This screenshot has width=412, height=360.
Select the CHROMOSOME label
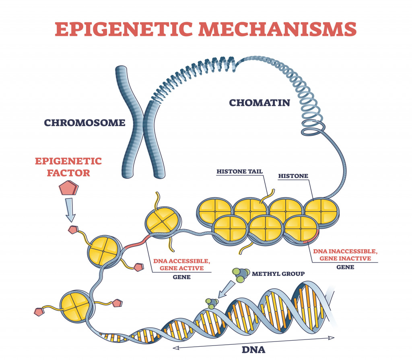tap(84, 122)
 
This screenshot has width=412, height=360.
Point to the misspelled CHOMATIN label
tap(260, 103)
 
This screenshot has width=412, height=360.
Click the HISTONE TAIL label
tap(239, 172)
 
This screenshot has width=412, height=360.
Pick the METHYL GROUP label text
tap(278, 274)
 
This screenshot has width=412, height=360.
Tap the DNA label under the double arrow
tap(253, 349)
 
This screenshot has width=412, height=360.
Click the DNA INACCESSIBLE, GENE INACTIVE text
tap(345, 255)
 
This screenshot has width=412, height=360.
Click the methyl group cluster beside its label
tap(238, 275)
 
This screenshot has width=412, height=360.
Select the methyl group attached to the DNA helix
tap(211, 303)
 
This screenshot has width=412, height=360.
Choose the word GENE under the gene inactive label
tap(345, 267)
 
